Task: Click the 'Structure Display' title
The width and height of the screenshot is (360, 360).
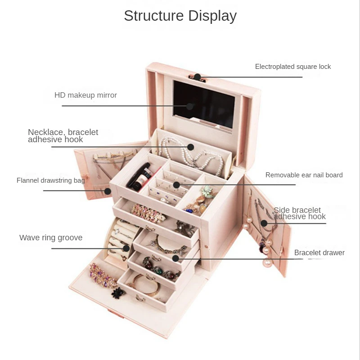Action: pyautogui.click(x=180, y=16)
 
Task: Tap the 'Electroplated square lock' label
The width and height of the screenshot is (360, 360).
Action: pyautogui.click(x=293, y=67)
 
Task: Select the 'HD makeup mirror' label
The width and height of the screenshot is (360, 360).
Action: pyautogui.click(x=85, y=95)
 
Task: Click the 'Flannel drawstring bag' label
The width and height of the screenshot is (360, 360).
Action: pyautogui.click(x=51, y=180)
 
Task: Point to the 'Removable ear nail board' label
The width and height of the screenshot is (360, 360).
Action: pyautogui.click(x=304, y=175)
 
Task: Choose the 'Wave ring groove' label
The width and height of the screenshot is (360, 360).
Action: pyautogui.click(x=51, y=238)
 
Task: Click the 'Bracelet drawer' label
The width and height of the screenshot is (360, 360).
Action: pyautogui.click(x=319, y=252)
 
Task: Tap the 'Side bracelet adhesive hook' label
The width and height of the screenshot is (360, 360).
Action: pyautogui.click(x=300, y=213)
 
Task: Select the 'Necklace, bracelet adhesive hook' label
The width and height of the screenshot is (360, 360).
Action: pyautogui.click(x=63, y=135)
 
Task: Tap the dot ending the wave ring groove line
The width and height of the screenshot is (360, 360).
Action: pyautogui.click(x=126, y=248)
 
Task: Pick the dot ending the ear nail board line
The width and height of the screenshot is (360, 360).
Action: pyautogui.click(x=176, y=184)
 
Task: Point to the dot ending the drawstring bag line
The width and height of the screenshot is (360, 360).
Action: pyautogui.click(x=108, y=191)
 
